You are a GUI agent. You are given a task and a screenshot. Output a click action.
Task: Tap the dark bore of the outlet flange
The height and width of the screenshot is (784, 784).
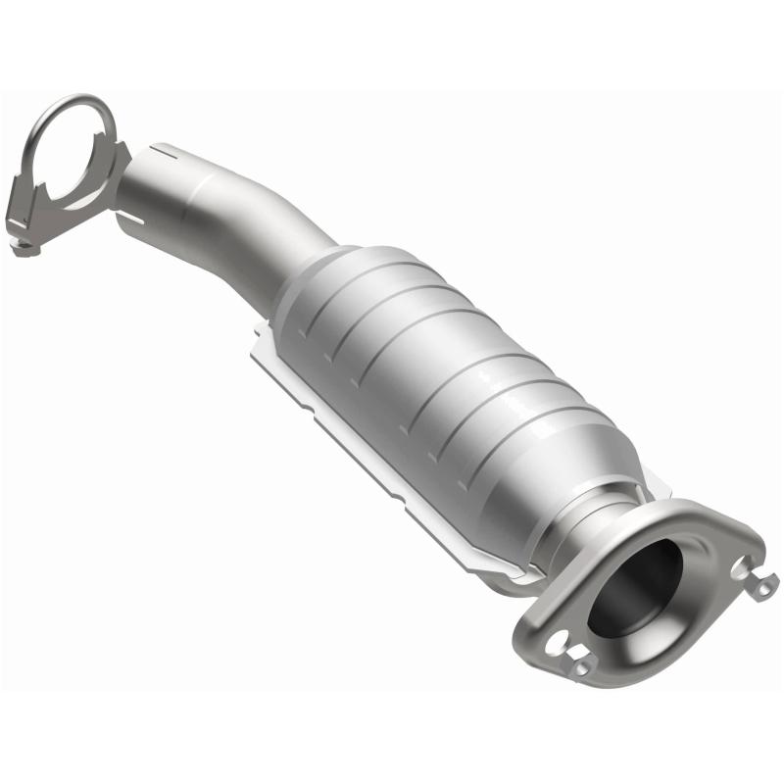coord(637,588)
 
